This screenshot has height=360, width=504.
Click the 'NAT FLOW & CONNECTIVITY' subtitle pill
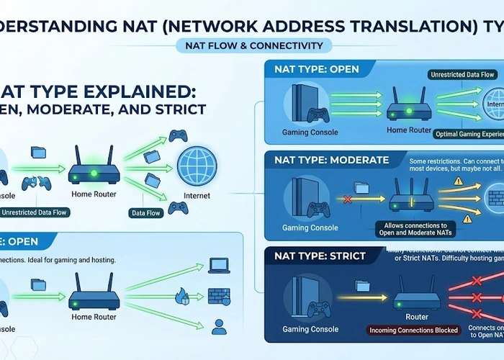tap(253, 45)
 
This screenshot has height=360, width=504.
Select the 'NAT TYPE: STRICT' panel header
tap(320, 256)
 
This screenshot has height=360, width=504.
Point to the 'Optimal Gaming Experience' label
tap(468, 134)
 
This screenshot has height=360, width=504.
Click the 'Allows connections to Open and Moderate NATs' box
tap(415, 229)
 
